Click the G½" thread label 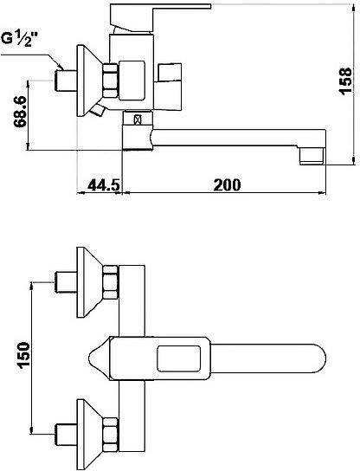pos(21,39)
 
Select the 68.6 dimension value pos(22,112)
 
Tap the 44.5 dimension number pos(104,184)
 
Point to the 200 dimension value pos(227,184)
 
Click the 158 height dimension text pos(344,81)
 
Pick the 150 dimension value pos(23,355)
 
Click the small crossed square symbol pos(138,119)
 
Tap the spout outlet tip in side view pos(312,156)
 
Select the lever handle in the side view pos(160,17)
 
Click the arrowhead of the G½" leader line pos(61,67)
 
